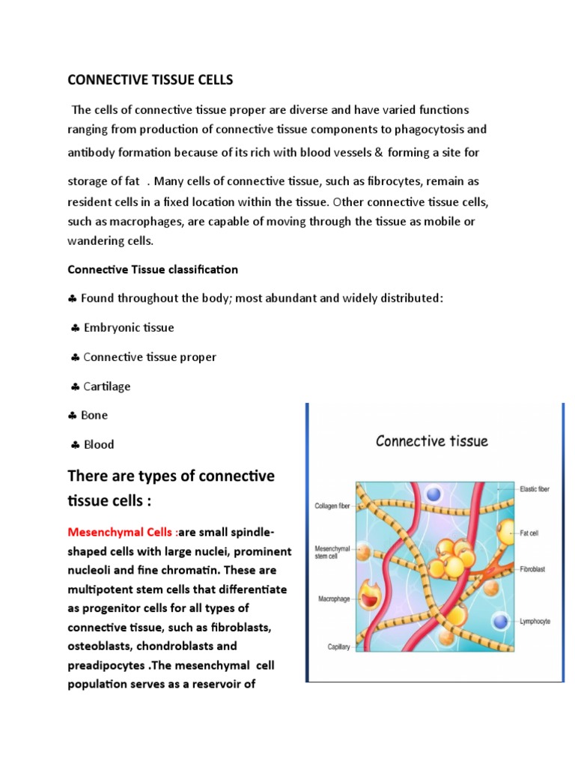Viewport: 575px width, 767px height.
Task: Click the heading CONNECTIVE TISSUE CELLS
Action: [x=150, y=79]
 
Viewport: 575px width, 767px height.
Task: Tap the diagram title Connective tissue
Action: [x=431, y=440]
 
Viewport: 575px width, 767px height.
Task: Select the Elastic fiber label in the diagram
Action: [x=534, y=488]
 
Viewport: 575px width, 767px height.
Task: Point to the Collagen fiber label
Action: [x=332, y=506]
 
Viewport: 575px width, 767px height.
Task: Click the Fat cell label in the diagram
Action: [x=530, y=533]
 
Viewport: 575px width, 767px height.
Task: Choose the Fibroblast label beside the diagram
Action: [x=532, y=569]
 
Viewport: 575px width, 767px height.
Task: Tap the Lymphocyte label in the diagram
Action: [x=535, y=621]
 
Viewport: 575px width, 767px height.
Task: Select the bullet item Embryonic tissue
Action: [x=128, y=327]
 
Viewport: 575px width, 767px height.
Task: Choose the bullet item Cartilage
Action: [x=106, y=386]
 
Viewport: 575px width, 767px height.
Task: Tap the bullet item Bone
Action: [x=94, y=415]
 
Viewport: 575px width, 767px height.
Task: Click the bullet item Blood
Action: [x=98, y=444]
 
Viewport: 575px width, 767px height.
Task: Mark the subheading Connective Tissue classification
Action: [x=153, y=269]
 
